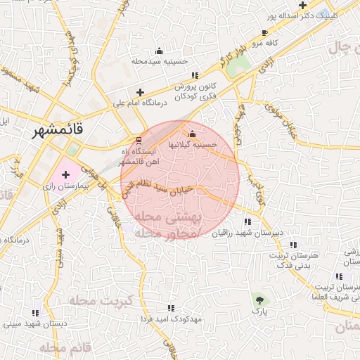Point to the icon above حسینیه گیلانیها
click(192, 134)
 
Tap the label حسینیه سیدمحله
click(159, 61)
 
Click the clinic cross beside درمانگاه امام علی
click(140, 92)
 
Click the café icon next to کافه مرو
click(264, 32)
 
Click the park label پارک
click(260, 310)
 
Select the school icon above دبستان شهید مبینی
click(34, 313)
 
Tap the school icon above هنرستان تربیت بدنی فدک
click(293, 245)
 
